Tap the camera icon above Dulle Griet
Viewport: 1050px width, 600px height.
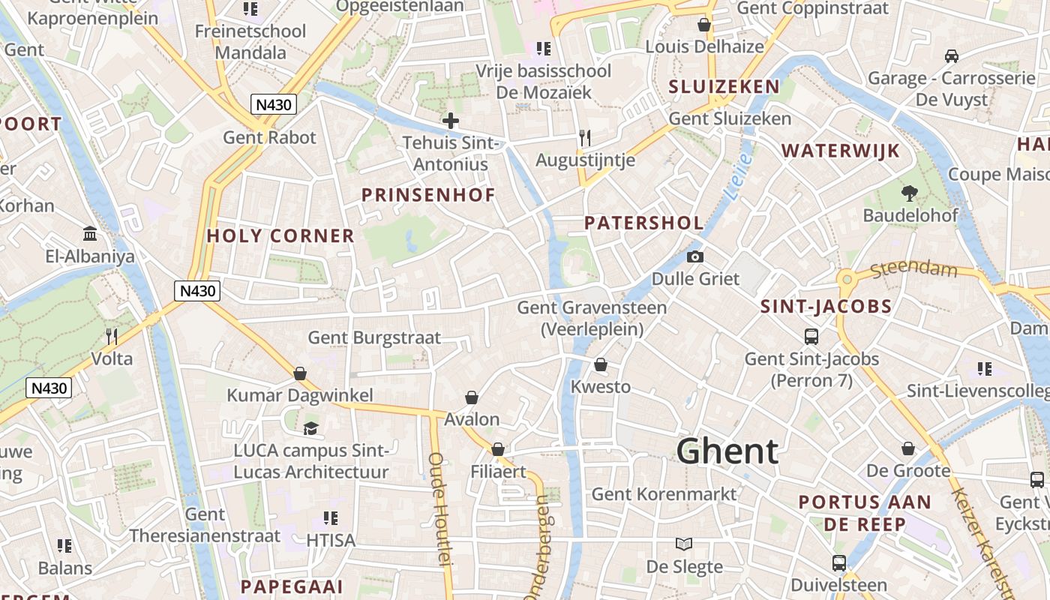695,256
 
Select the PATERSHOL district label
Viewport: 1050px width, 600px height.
643,223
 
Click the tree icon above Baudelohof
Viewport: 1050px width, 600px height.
910,193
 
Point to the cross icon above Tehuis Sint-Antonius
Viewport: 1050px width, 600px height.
451,120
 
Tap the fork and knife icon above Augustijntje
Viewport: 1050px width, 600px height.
585,138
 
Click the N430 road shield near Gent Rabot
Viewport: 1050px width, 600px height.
273,104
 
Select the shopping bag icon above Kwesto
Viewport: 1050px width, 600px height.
601,364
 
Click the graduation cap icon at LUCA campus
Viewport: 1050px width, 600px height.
310,428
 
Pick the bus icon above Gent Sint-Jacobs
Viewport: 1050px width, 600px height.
811,337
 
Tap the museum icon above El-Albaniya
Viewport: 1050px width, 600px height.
91,234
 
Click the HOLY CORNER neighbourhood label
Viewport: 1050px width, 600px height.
280,235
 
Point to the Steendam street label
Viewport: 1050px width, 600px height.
914,268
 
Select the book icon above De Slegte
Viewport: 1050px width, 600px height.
684,544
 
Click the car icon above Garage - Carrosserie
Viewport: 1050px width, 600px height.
952,55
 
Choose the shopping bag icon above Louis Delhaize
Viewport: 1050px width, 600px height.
704,25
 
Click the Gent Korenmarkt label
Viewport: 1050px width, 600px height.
664,493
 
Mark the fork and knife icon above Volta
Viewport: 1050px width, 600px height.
112,336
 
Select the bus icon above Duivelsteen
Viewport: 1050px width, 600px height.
839,562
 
